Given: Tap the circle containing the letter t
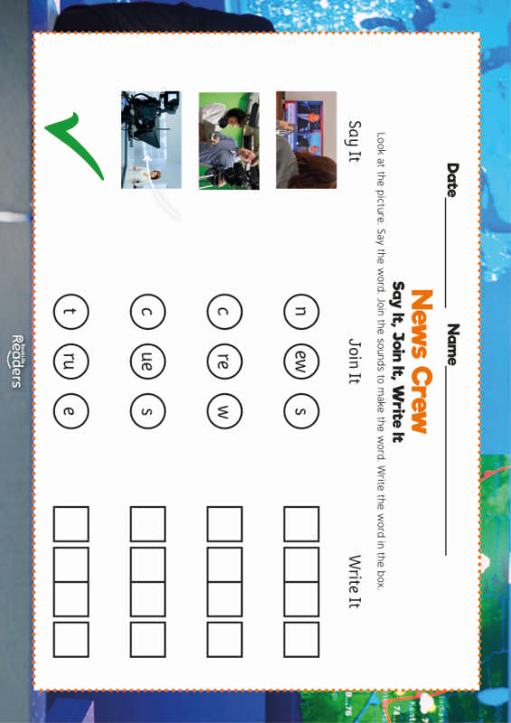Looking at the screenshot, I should tap(71, 312).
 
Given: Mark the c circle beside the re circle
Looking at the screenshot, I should tap(224, 312).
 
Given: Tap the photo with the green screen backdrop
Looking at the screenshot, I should tap(229, 140).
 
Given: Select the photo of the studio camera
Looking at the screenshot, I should tap(151, 140).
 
